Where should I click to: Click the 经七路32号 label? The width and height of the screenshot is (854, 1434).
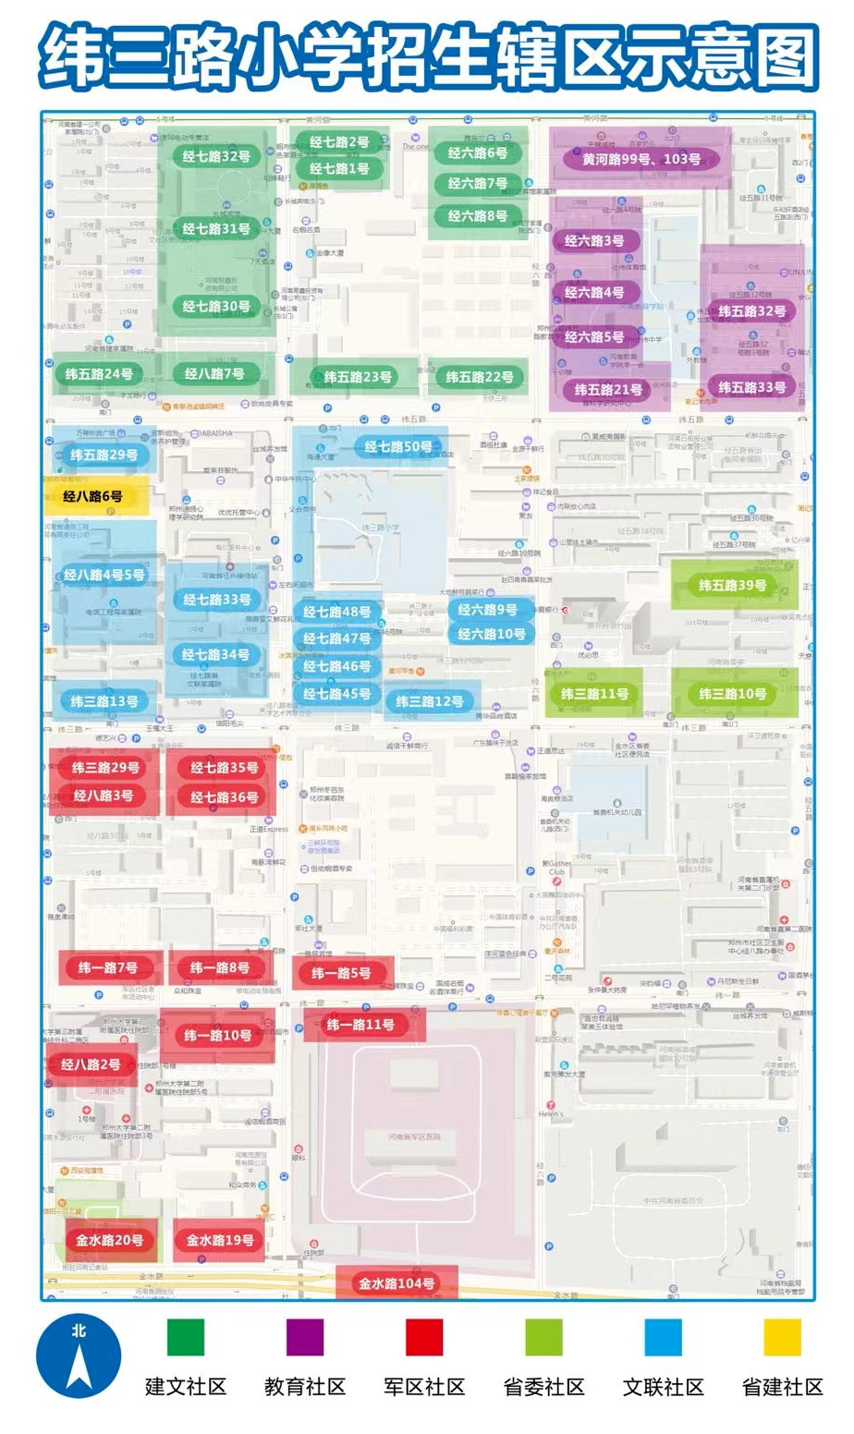click(x=216, y=156)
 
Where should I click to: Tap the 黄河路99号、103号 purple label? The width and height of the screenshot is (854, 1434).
click(x=640, y=159)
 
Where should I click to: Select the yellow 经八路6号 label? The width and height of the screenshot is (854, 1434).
click(x=92, y=496)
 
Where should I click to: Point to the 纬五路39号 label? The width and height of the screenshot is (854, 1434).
click(x=732, y=585)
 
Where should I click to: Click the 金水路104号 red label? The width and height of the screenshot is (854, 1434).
click(x=396, y=1282)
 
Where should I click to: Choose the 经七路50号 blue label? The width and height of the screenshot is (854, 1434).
click(x=397, y=446)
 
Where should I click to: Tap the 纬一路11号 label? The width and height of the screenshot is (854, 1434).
click(x=360, y=1024)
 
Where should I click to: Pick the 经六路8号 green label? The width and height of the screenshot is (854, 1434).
click(x=477, y=215)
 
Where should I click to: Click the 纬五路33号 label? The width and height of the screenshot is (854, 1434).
click(x=751, y=387)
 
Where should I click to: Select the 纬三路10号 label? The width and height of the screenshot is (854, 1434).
click(x=732, y=693)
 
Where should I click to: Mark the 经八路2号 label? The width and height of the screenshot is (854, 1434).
click(x=91, y=1064)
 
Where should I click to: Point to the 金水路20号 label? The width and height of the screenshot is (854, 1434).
click(x=109, y=1240)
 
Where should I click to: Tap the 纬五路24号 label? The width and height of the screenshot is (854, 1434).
click(x=98, y=374)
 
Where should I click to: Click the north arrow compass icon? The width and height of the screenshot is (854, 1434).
click(x=79, y=1356)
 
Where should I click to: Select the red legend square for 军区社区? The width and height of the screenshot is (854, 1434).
click(x=424, y=1337)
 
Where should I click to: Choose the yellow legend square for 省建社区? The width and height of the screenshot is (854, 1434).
click(x=782, y=1337)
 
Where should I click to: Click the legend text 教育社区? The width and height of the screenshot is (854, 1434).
click(x=305, y=1386)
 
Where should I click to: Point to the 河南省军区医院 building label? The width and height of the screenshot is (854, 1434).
click(x=414, y=1136)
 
